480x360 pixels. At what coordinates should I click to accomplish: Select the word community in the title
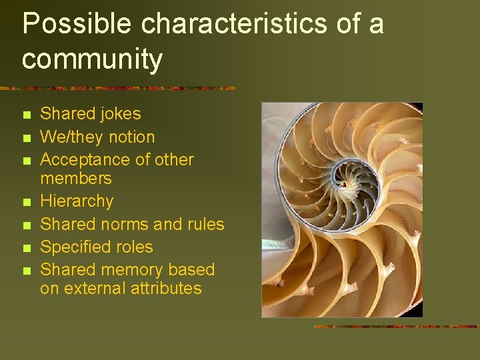pos(92,60)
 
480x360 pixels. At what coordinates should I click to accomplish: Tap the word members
pos(75,178)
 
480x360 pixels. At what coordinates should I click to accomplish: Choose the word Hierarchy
pos(77,201)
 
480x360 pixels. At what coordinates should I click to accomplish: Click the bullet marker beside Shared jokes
pos(26,115)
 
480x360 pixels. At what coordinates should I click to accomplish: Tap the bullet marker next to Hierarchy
pos(26,202)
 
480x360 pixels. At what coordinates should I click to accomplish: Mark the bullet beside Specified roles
pos(26,248)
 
